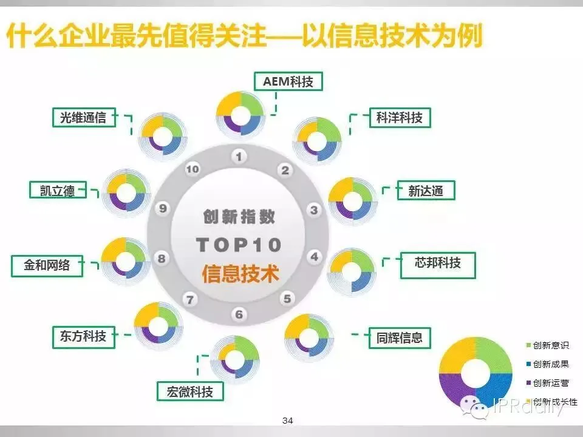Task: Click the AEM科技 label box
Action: click(288, 81)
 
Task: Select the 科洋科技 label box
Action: click(399, 118)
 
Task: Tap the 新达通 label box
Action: click(425, 191)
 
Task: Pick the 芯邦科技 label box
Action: click(437, 263)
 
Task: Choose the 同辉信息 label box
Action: click(399, 337)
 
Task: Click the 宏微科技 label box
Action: click(189, 391)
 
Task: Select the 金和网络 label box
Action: click(47, 265)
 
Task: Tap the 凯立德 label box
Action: click(57, 190)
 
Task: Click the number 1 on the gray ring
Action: click(239, 157)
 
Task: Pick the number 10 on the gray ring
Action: click(192, 170)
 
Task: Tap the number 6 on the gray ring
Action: click(239, 314)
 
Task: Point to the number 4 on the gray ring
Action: click(314, 257)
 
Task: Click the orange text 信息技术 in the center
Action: click(240, 274)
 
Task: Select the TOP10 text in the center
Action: click(239, 245)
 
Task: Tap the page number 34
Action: click(288, 421)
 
